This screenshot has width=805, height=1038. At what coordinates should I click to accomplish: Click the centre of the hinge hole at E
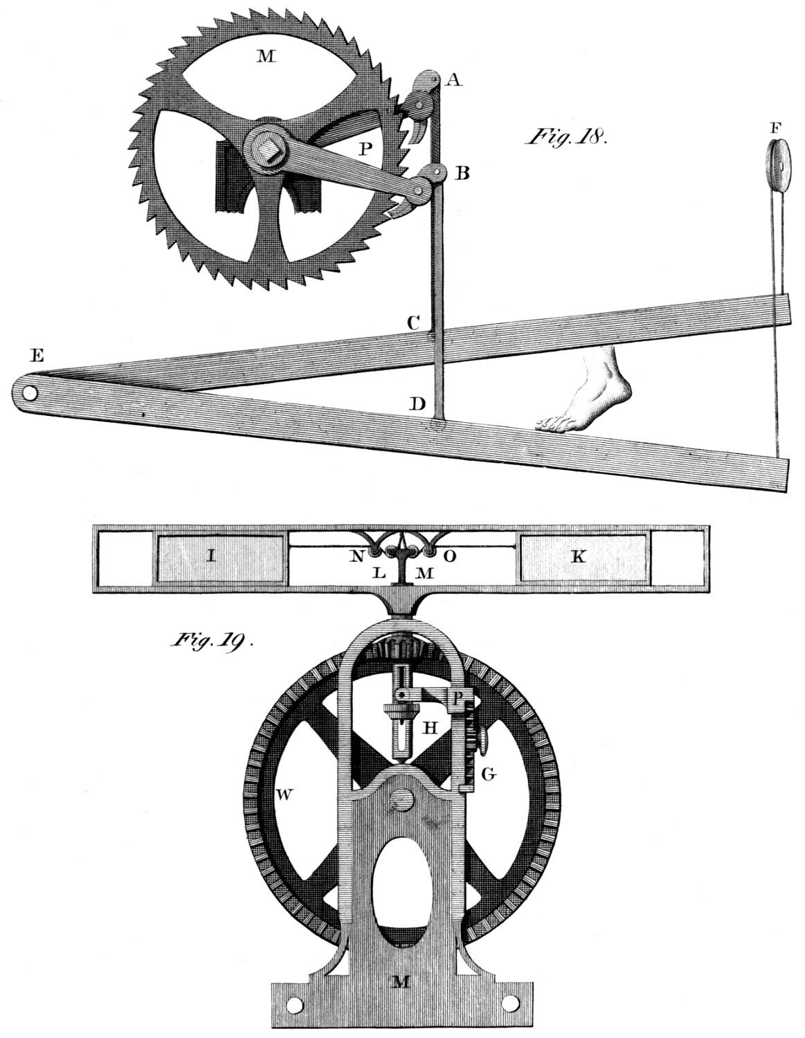30,394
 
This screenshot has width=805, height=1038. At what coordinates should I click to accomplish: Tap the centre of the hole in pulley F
781,167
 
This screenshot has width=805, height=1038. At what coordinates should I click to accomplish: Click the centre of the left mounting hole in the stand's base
296,1002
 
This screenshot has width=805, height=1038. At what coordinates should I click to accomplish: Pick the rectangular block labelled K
583,558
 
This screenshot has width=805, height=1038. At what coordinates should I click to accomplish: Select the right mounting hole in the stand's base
512,1002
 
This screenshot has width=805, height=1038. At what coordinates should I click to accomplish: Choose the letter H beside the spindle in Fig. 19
431,727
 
